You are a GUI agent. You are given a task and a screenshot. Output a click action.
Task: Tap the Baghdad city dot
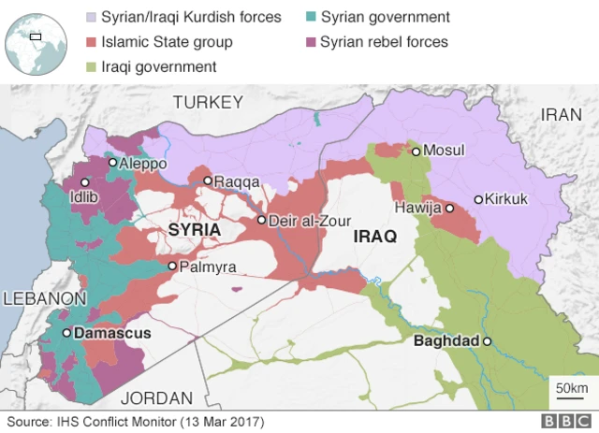(x=487, y=342)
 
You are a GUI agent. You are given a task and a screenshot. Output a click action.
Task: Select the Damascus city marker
(x=66, y=333)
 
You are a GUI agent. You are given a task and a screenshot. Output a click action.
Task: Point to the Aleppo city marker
(x=112, y=163)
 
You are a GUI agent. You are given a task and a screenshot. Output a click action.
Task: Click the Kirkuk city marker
(x=478, y=199)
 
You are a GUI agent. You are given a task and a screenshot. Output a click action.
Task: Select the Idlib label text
(x=83, y=197)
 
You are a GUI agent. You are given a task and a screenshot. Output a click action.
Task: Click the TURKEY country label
(x=208, y=102)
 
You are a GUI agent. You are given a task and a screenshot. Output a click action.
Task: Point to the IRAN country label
(x=562, y=114)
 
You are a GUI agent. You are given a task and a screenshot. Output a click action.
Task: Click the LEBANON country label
(x=44, y=298)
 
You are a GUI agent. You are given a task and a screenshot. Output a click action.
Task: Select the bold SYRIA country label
(x=194, y=230)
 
